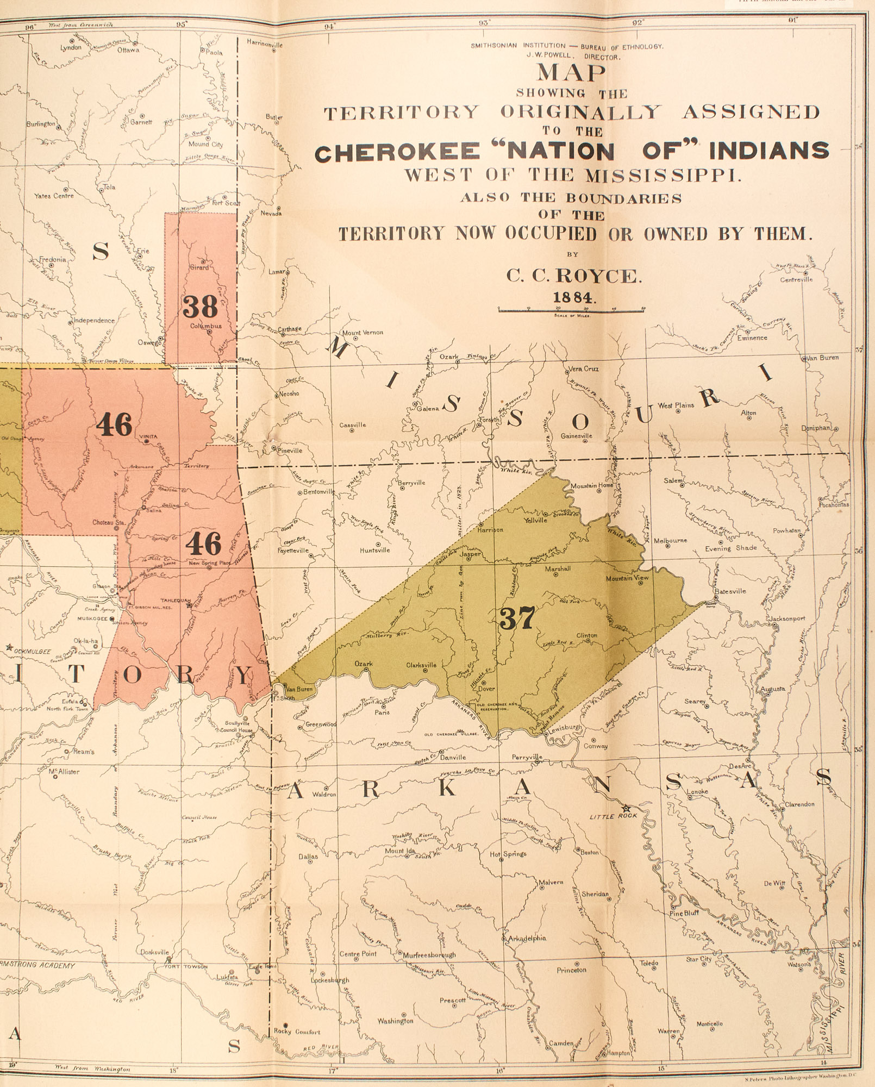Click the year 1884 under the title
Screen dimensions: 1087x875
[574, 297]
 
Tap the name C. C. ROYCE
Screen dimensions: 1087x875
[574, 276]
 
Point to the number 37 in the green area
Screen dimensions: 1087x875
[517, 618]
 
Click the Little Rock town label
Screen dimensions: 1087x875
[613, 816]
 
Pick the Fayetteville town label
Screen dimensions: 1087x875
[293, 551]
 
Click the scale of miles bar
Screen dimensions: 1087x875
[571, 309]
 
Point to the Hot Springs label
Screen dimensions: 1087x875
[508, 854]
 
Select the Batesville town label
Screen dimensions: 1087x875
[730, 591]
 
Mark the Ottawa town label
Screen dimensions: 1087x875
[128, 50]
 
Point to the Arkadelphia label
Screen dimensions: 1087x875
[527, 938]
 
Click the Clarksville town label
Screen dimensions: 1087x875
[421, 665]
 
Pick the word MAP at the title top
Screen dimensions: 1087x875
[571, 72]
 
